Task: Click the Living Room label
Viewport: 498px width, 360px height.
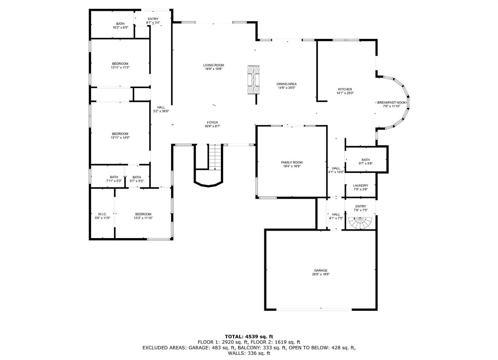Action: point(213,67)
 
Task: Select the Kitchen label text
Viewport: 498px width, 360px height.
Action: point(345,91)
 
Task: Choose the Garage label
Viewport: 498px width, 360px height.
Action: point(321,272)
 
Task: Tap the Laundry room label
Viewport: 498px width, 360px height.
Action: point(361,187)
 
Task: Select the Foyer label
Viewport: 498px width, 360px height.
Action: point(212,124)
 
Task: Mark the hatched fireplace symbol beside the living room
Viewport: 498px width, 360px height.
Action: point(253,79)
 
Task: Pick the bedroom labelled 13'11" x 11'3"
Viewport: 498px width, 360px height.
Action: point(120,66)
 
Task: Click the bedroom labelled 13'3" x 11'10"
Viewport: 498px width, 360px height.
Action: point(143,216)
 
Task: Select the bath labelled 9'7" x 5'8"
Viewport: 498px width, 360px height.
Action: point(366,161)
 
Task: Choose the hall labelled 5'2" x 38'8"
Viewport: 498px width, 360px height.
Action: point(161,109)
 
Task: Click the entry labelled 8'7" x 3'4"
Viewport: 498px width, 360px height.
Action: point(152,21)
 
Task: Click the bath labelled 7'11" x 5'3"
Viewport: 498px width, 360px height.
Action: point(114,179)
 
